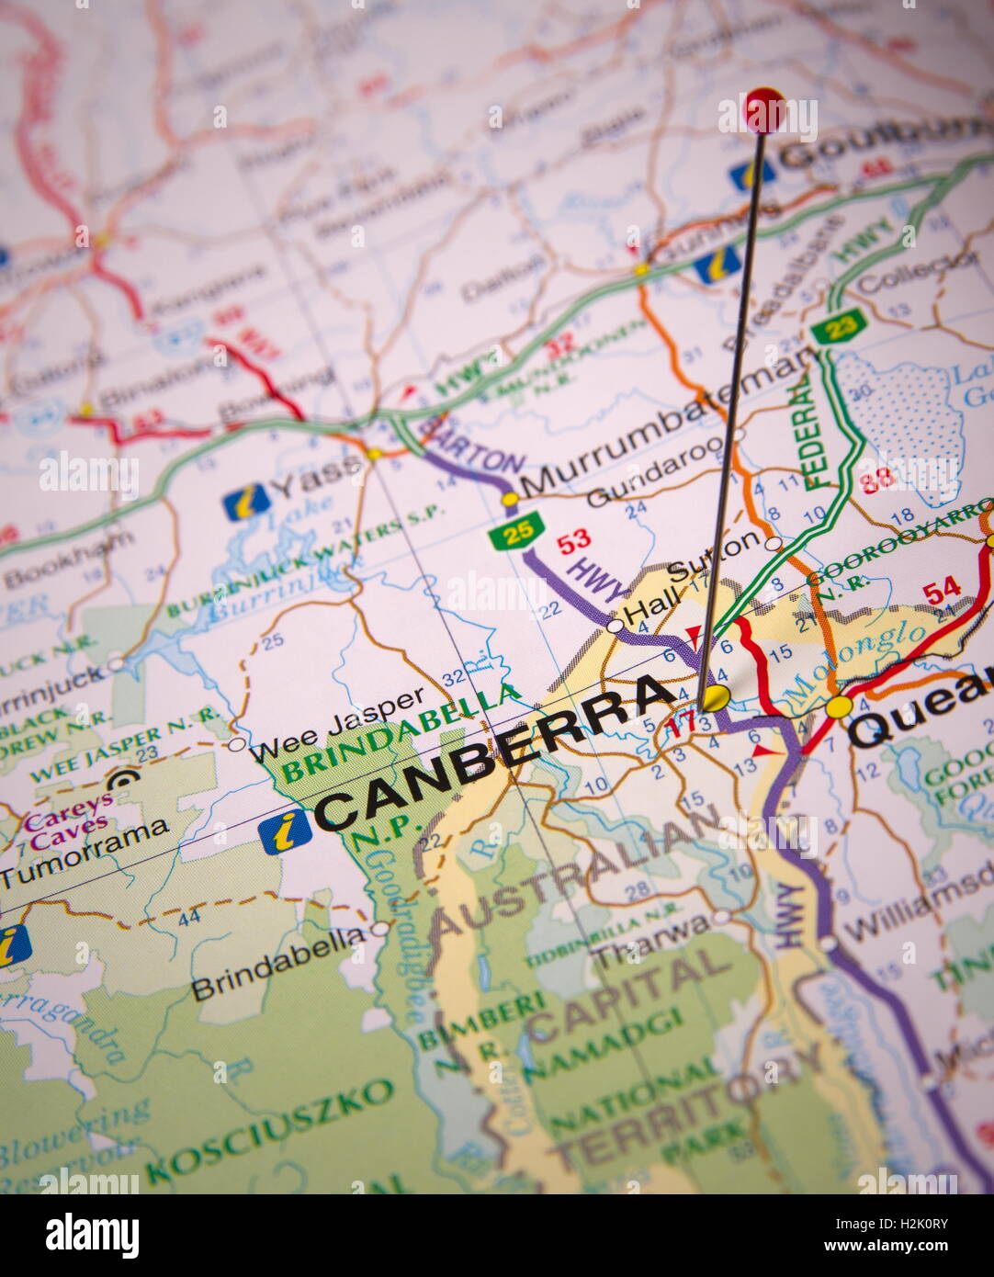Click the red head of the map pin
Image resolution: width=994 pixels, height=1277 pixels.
(764, 109)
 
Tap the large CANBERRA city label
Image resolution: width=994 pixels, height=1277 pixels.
(496, 753)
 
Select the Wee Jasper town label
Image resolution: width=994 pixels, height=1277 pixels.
(337, 723)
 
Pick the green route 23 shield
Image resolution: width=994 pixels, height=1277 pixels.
(838, 323)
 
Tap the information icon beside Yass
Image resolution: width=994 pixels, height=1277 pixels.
(246, 502)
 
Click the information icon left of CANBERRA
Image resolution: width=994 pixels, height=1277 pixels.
(284, 832)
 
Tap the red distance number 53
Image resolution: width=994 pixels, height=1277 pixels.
(574, 539)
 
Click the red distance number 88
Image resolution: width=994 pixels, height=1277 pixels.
(879, 477)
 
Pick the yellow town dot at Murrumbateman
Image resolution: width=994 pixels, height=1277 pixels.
(510, 500)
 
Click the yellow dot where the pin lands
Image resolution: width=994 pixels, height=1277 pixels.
(717, 696)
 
